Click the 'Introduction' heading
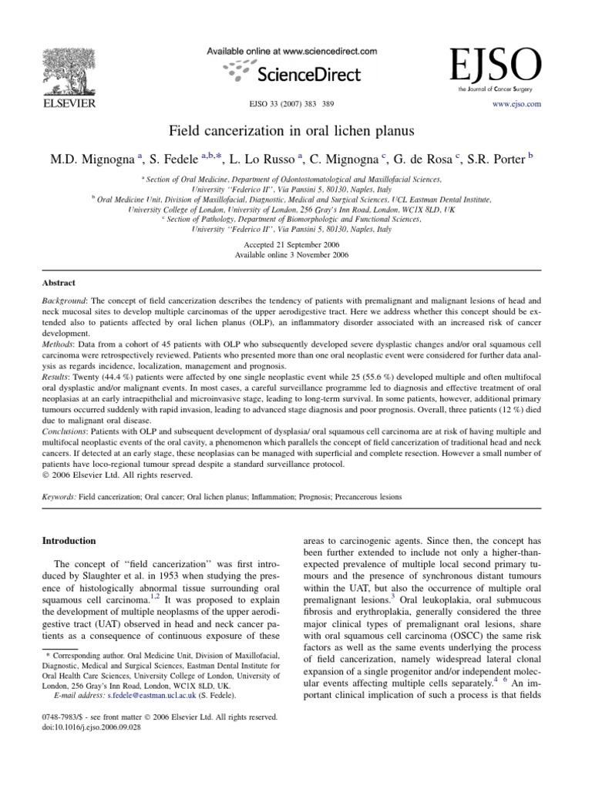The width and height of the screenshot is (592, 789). (x=69, y=541)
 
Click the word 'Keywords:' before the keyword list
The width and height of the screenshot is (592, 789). (x=58, y=498)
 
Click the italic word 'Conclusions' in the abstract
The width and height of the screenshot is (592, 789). (x=64, y=432)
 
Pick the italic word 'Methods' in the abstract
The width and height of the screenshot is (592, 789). (x=57, y=338)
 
